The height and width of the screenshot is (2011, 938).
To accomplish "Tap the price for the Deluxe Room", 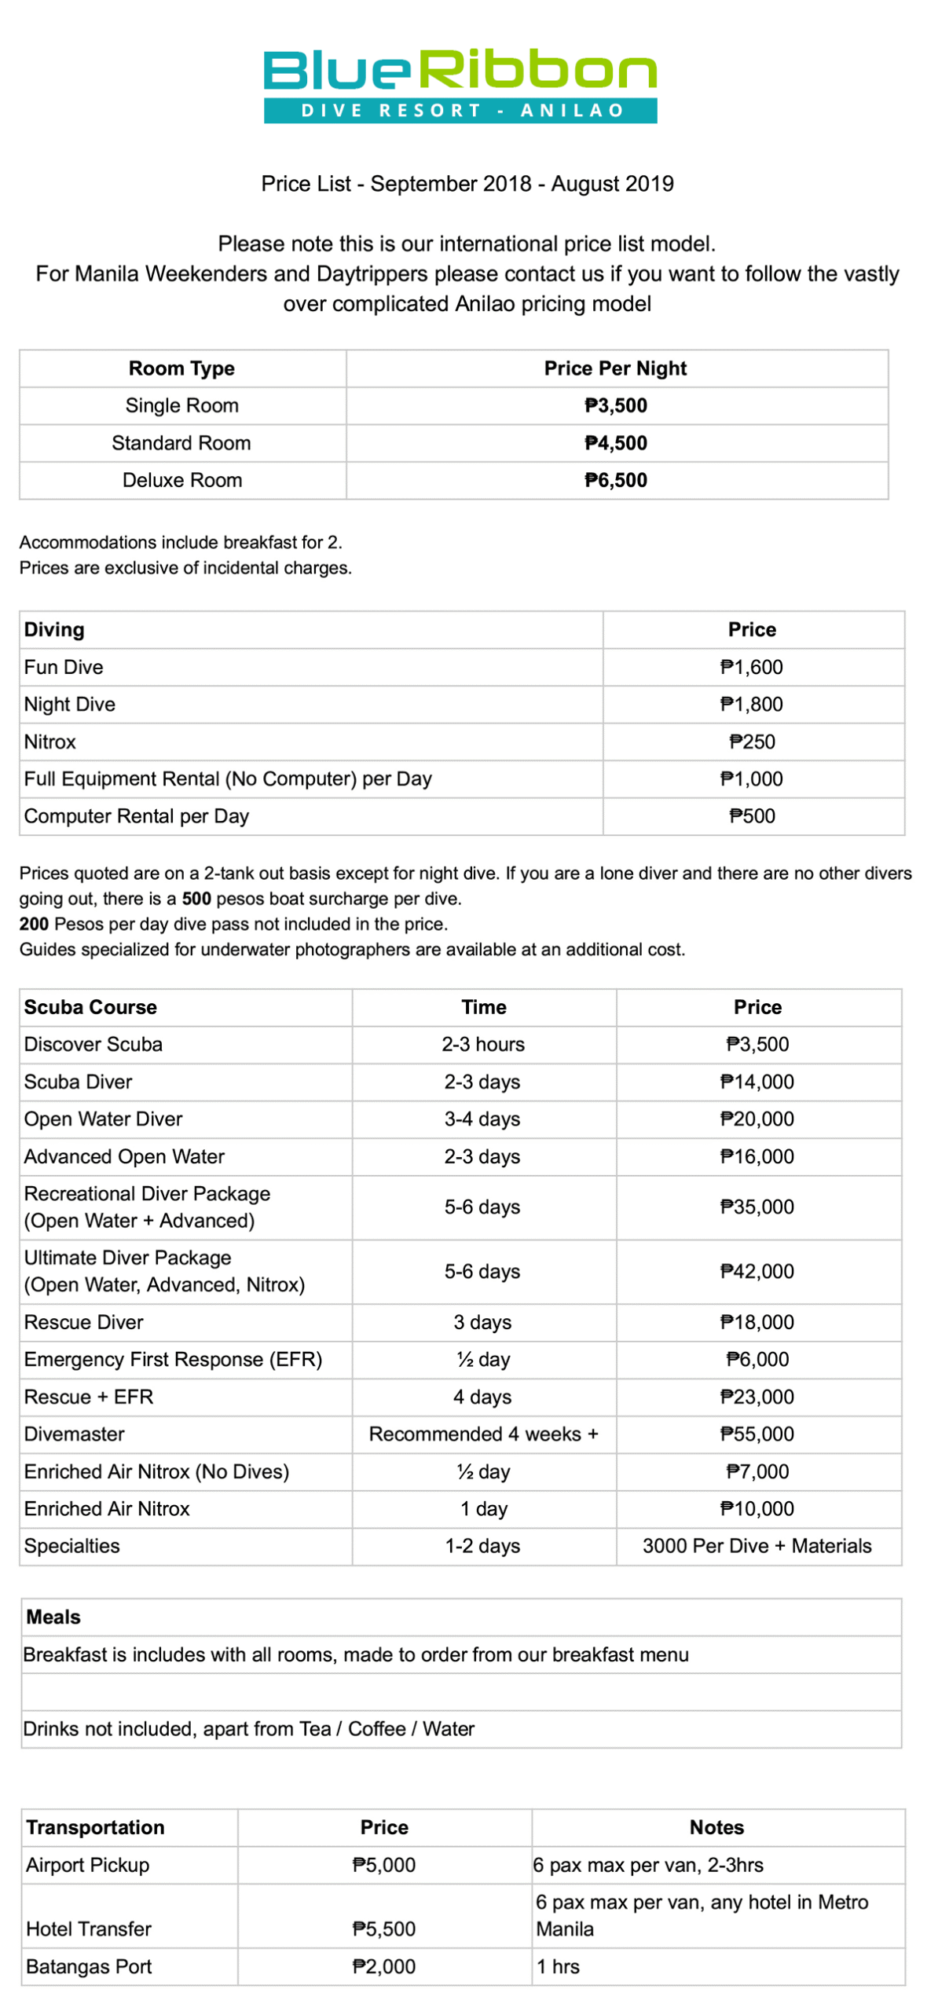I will click(x=616, y=481).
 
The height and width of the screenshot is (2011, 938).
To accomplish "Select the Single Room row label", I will click(x=182, y=406).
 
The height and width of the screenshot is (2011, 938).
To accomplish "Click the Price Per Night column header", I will click(x=616, y=368).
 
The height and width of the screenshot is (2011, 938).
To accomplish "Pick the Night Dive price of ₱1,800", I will click(x=752, y=705).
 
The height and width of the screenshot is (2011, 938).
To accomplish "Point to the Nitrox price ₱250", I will click(x=752, y=742).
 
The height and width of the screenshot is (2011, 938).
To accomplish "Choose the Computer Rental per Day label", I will click(x=137, y=817).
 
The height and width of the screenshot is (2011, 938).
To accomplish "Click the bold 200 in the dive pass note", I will click(x=34, y=925).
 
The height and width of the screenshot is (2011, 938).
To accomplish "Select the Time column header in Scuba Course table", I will click(x=484, y=1008).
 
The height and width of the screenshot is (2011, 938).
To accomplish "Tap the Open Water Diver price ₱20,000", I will click(x=757, y=1119).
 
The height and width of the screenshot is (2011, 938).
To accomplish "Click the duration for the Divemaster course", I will click(x=484, y=1434).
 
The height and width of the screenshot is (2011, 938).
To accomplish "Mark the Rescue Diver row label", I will click(x=84, y=1323).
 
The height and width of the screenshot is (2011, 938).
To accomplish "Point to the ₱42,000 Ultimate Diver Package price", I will click(x=757, y=1272).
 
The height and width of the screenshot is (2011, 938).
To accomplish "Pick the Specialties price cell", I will click(x=757, y=1547).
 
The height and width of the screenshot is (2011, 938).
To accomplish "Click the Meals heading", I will click(x=53, y=1617).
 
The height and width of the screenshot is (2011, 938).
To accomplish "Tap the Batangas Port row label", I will click(x=89, y=1967).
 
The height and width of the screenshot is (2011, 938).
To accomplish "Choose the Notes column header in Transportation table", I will click(x=716, y=1828).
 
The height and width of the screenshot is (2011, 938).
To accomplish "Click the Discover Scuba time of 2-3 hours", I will click(x=483, y=1045).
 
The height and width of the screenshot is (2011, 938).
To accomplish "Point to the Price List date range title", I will click(x=467, y=184).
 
